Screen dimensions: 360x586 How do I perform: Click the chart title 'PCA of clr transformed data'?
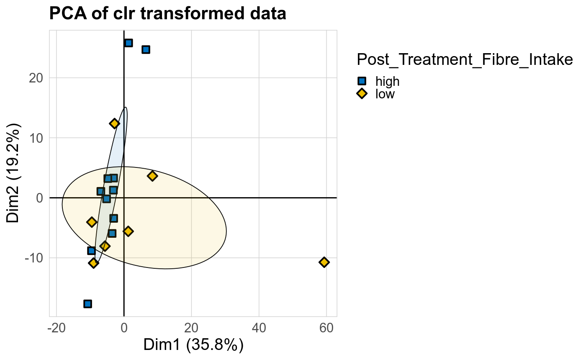[167, 14]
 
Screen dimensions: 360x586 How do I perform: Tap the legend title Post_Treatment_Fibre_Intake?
[464, 60]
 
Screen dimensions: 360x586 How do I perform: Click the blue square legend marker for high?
[362, 81]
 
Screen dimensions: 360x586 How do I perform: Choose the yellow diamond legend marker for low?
[362, 94]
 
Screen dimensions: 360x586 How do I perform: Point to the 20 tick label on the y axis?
[37, 78]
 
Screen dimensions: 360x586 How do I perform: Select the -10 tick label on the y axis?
[34, 257]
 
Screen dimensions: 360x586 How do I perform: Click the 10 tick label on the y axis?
[37, 138]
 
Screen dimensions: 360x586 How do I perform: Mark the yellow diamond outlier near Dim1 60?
[324, 262]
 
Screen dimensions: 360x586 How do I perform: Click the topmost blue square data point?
[129, 43]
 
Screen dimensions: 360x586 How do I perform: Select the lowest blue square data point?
[87, 303]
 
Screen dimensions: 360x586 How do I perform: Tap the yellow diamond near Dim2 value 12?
[114, 123]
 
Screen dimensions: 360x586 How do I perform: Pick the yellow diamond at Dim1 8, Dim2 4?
[152, 176]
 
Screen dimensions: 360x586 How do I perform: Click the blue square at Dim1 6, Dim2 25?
[146, 49]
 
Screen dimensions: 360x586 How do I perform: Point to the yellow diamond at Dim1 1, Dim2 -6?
[128, 231]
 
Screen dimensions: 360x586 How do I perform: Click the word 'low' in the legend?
[385, 94]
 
